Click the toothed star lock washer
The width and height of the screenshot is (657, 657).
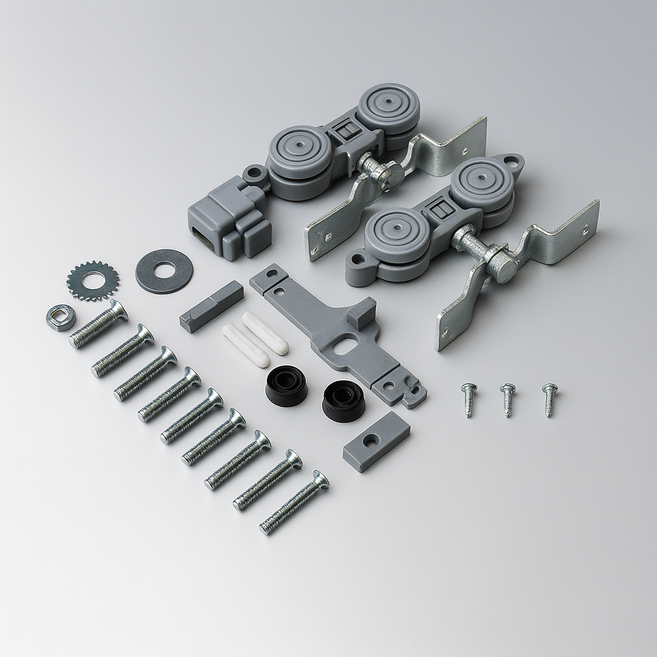coord(93,280)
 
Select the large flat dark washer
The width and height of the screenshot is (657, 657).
coord(164,271)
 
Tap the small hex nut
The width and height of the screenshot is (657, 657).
coord(61,318)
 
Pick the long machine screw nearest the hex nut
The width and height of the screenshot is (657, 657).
coord(98,324)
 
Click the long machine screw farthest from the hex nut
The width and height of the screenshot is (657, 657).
coord(294,502)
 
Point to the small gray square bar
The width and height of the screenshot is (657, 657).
coord(211,307)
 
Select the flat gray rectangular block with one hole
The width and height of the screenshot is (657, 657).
coord(376,441)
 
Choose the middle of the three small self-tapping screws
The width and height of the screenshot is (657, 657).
coord(508,399)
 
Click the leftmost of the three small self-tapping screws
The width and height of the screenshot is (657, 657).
coord(468,399)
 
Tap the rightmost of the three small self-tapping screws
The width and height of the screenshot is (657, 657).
coord(550,398)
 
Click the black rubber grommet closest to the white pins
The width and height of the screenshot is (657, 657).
coord(286,385)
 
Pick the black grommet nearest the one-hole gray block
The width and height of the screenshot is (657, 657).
coord(343,400)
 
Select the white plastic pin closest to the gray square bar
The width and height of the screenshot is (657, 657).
coord(245,345)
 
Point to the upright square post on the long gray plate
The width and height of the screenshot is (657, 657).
coord(363,312)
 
